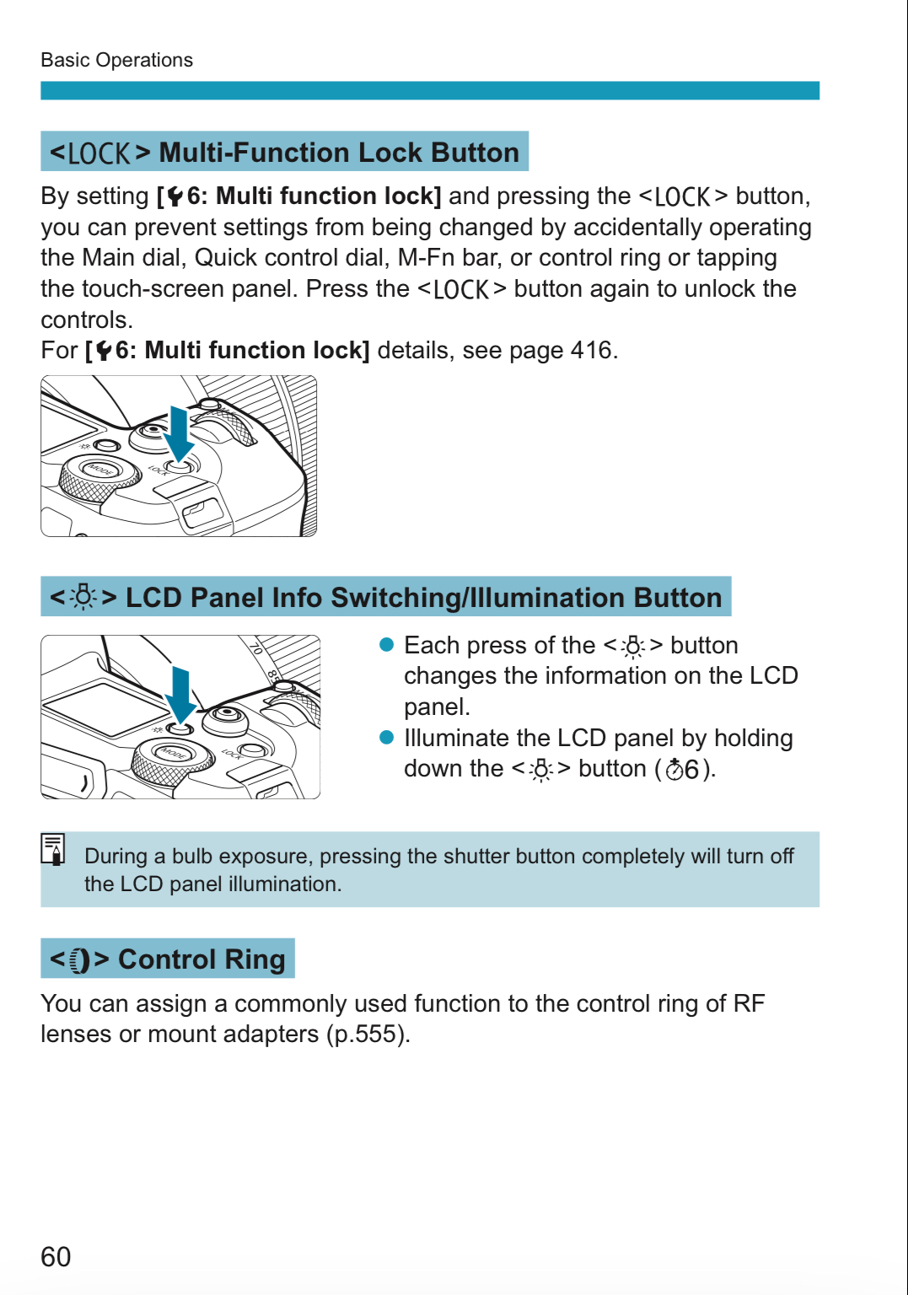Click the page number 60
tap(56, 1256)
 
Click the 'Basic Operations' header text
tap(116, 60)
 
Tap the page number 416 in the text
tap(591, 350)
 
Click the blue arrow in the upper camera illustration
tap(178, 433)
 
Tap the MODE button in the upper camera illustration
tap(99, 470)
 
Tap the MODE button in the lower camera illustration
tap(173, 753)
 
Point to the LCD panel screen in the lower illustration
tap(105, 707)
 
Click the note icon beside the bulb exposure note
tap(53, 849)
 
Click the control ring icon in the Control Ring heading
tap(80, 960)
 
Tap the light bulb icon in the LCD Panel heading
tap(83, 597)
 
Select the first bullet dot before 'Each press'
tap(387, 645)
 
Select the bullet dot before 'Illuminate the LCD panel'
tap(387, 738)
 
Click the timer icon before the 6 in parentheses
tap(674, 769)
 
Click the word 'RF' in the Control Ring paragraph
tap(749, 1003)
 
